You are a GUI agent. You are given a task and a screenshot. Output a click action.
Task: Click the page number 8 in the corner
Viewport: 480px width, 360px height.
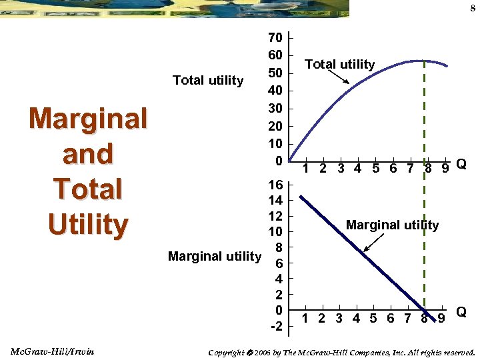(x=471, y=8)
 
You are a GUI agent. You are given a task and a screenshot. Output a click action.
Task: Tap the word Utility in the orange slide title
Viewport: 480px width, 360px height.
(x=87, y=225)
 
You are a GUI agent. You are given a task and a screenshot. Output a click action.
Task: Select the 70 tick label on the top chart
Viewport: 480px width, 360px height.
(x=275, y=37)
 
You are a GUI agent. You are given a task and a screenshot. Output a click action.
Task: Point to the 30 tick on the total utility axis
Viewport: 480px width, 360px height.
(x=275, y=108)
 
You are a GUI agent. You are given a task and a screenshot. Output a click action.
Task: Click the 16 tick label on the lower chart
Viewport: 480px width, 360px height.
(x=275, y=185)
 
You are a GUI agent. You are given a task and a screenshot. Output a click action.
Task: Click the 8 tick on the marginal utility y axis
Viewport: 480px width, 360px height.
(x=280, y=247)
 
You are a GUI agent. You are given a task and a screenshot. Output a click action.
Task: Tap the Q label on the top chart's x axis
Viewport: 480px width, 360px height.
(x=461, y=165)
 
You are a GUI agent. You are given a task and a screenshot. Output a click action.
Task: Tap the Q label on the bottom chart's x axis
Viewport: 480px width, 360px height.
(x=461, y=312)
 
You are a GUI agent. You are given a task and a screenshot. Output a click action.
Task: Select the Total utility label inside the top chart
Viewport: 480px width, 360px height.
(x=339, y=65)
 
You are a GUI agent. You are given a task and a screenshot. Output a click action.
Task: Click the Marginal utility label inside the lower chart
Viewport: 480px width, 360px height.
(x=392, y=225)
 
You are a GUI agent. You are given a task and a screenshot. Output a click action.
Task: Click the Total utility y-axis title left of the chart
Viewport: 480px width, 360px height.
(x=208, y=81)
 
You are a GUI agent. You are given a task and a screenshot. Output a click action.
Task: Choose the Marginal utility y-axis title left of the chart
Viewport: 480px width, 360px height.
(x=215, y=256)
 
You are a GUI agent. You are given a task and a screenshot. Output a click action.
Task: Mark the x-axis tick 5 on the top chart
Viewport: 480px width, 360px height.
(x=375, y=169)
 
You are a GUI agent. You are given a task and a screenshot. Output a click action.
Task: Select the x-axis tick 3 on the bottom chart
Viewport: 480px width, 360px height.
(x=340, y=318)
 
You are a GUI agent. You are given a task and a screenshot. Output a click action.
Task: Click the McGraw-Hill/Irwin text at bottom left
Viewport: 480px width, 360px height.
(x=53, y=351)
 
